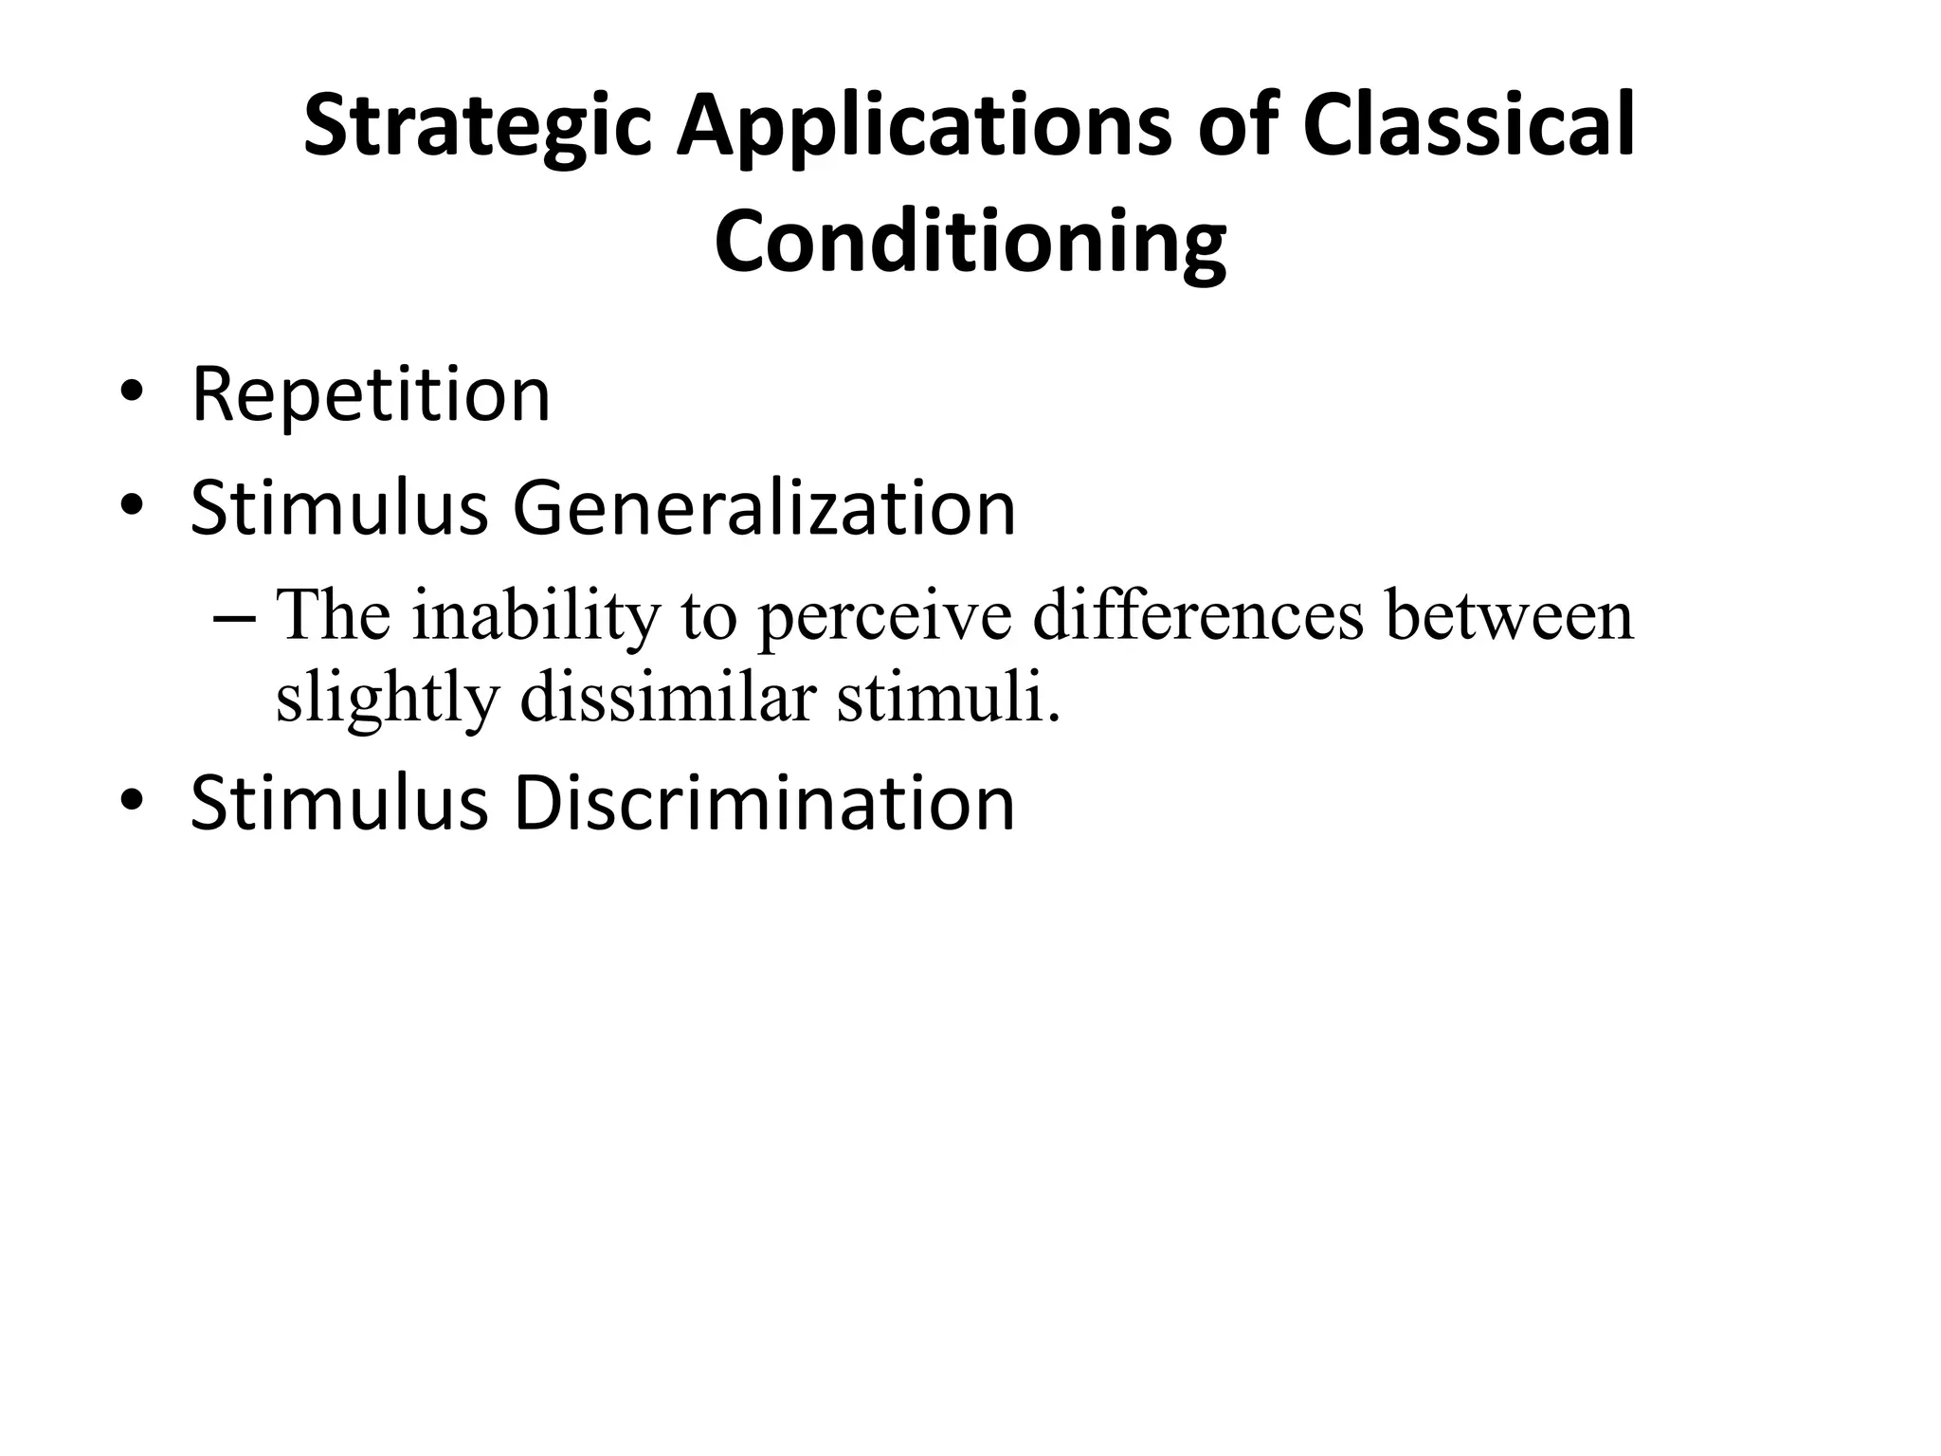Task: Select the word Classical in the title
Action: click(x=1468, y=125)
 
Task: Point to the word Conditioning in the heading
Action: click(x=970, y=243)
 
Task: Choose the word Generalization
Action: click(x=764, y=508)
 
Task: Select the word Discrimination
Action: click(x=764, y=804)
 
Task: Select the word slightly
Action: click(x=387, y=699)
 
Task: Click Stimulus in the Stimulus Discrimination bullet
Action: click(x=338, y=804)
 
